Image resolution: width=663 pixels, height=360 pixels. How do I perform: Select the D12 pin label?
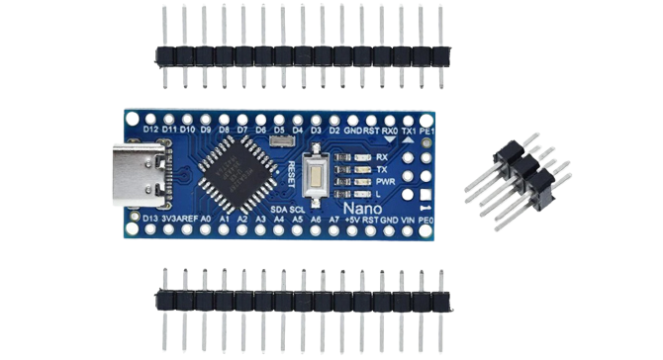coord(151,129)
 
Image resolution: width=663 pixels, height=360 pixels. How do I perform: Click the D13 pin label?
coord(151,218)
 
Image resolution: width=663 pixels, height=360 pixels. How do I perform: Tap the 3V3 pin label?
coord(172,218)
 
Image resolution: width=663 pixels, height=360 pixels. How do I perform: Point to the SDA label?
coord(278,209)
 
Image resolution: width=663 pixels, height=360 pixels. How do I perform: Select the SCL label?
coord(298,209)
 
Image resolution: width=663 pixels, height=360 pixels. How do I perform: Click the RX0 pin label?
coord(390,129)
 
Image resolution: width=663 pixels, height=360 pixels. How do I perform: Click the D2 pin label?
coord(334,129)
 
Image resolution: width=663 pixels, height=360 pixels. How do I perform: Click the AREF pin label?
coord(196,218)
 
